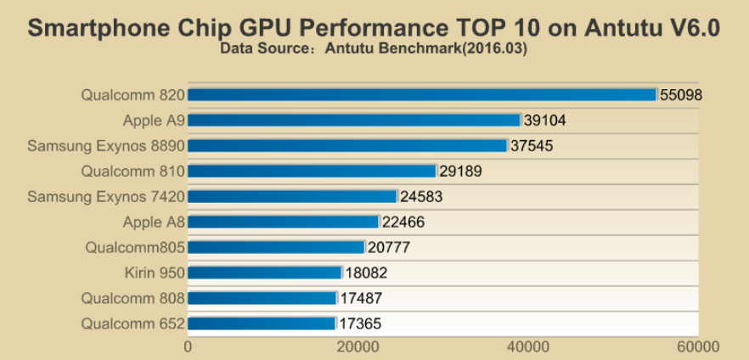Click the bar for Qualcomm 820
422,95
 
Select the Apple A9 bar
354,121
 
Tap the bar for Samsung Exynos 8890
347,146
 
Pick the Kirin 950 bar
264,273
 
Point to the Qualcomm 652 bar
262,323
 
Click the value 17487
363,298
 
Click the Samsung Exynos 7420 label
106,196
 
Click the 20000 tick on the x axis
358,346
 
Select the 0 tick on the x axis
188,346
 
